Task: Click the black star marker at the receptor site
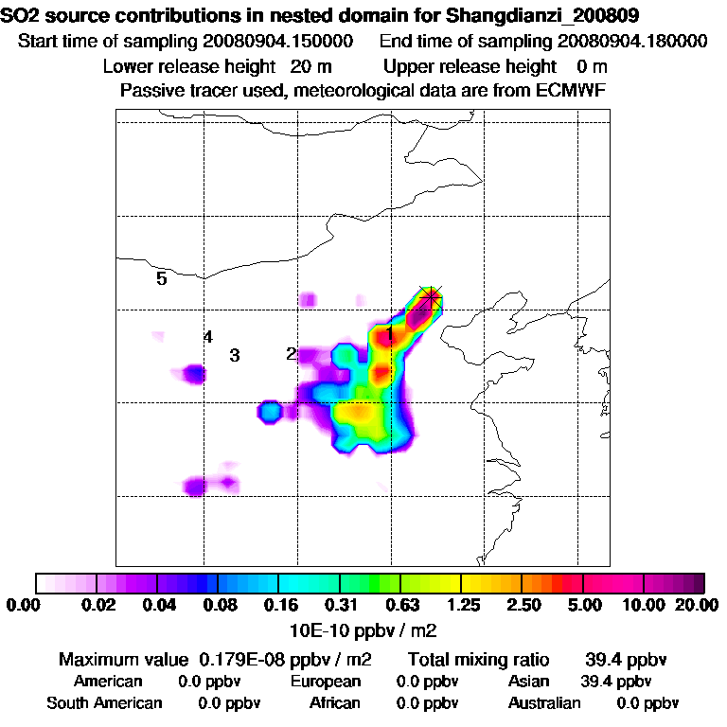(432, 297)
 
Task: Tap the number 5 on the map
(162, 278)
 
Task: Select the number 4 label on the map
(208, 337)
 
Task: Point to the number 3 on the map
(235, 356)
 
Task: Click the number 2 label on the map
(292, 354)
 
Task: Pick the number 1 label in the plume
(389, 333)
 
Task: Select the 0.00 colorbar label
(26, 605)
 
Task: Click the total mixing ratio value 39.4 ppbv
(619, 659)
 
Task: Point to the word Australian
(544, 703)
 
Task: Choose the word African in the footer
(335, 703)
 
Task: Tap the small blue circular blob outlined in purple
(270, 412)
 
